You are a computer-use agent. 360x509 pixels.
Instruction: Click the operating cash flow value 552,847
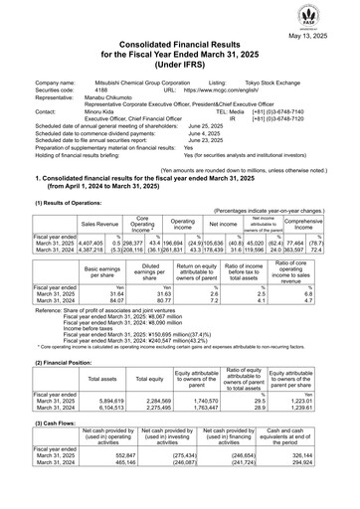click(94, 488)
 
